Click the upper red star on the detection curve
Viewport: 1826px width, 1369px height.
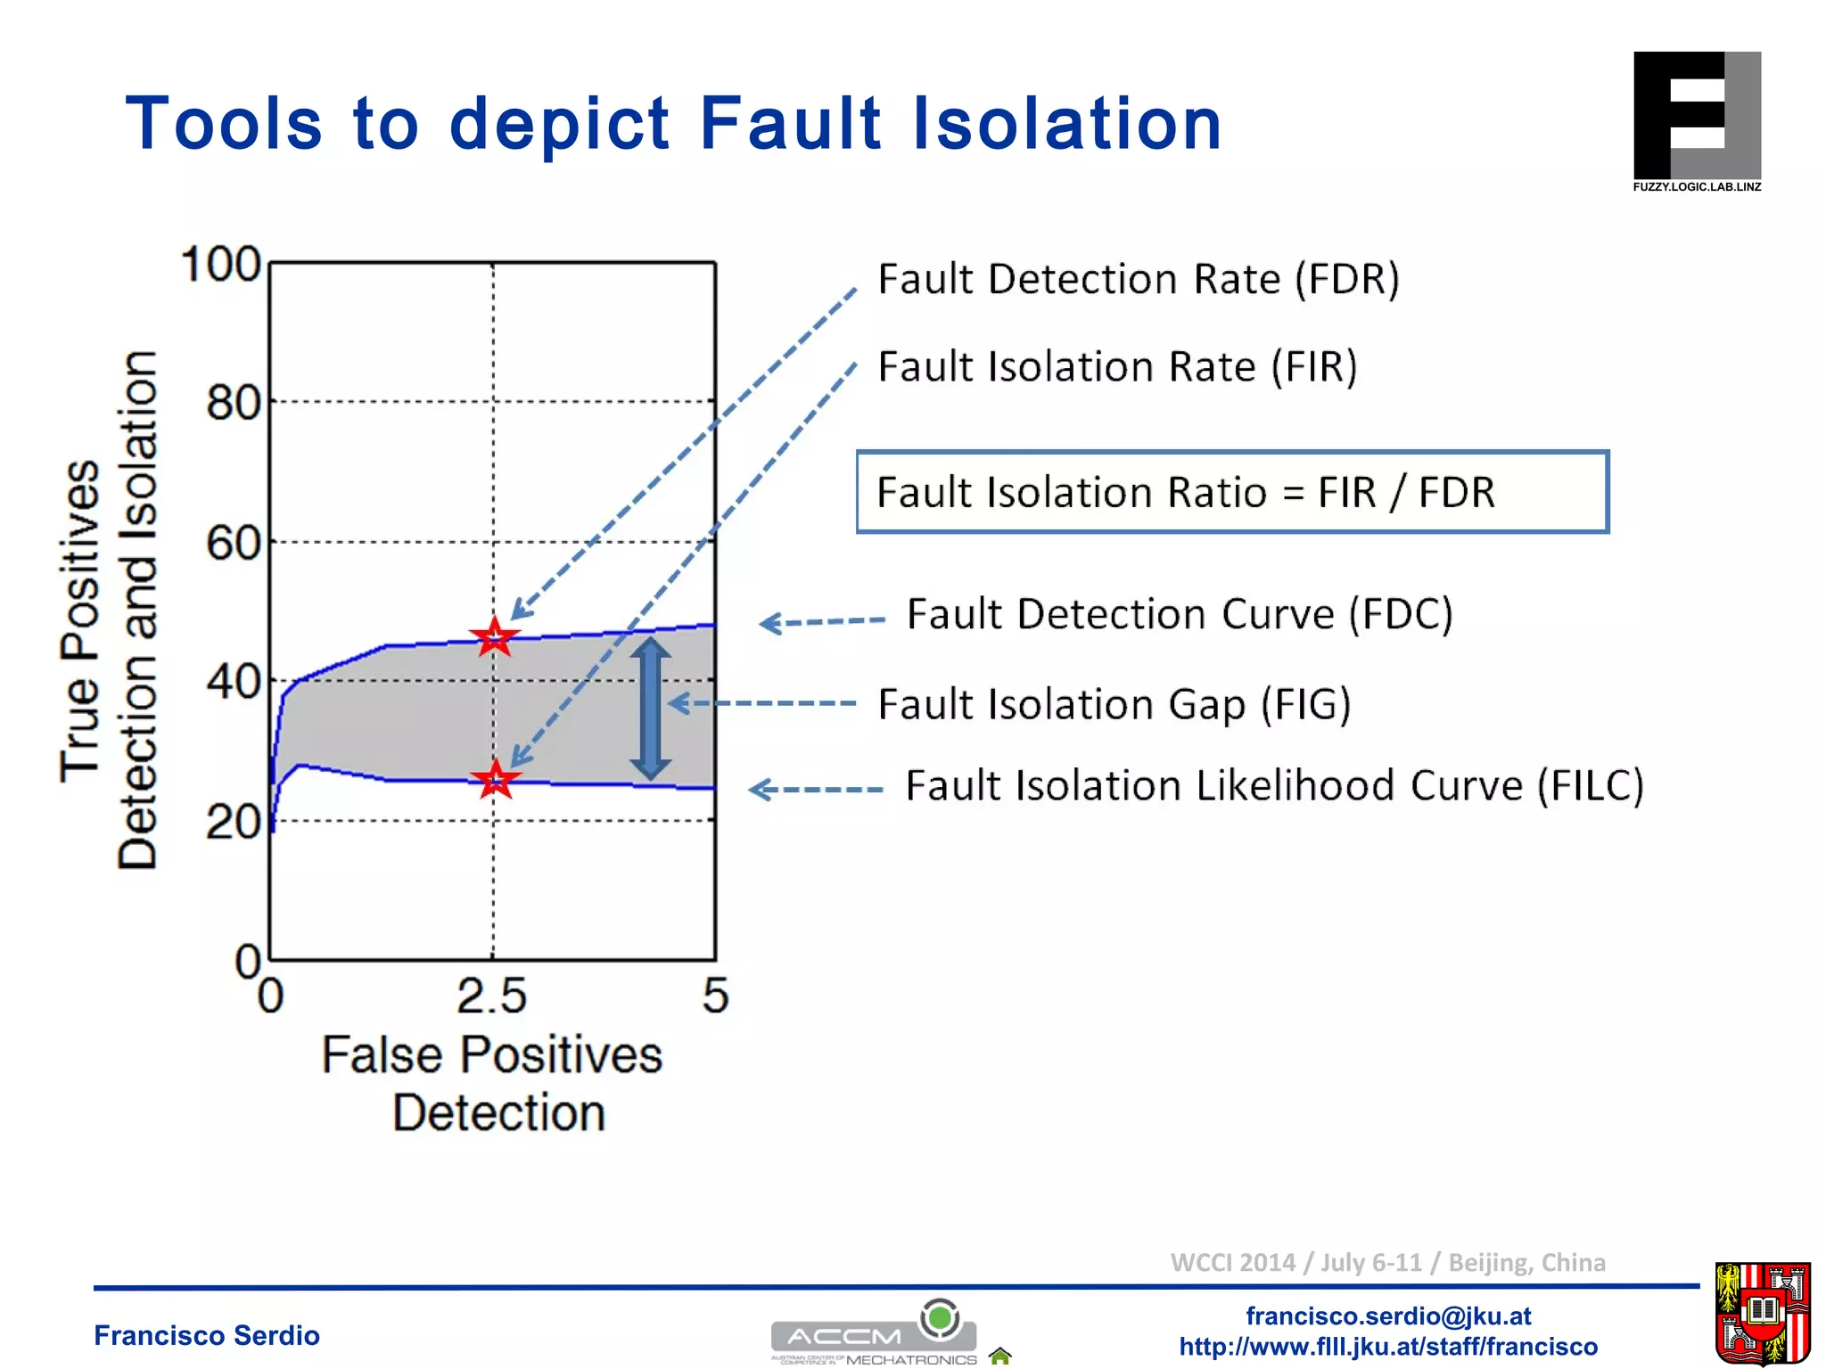[494, 637]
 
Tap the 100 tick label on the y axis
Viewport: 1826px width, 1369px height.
[220, 265]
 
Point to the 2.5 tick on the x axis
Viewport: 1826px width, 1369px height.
[492, 996]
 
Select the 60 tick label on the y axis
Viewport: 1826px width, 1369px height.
[233, 543]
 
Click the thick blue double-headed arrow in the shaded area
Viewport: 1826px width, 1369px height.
[650, 709]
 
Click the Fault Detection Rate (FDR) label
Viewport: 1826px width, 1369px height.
[1139, 279]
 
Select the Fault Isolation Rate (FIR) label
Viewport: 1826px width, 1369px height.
[1117, 367]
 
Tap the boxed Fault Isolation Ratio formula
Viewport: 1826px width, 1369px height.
[1232, 492]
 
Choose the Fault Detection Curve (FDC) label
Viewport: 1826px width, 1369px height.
[1180, 614]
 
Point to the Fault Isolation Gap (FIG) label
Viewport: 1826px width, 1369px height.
[1115, 704]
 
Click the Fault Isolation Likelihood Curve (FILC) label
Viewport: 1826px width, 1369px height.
[1274, 786]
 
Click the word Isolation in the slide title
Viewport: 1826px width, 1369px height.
[1066, 123]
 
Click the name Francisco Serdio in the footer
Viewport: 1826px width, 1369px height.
[207, 1335]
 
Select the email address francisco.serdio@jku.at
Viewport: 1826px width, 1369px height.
[1388, 1316]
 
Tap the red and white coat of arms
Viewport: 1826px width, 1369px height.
[1763, 1312]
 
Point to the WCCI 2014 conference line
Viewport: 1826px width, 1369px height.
[1387, 1262]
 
